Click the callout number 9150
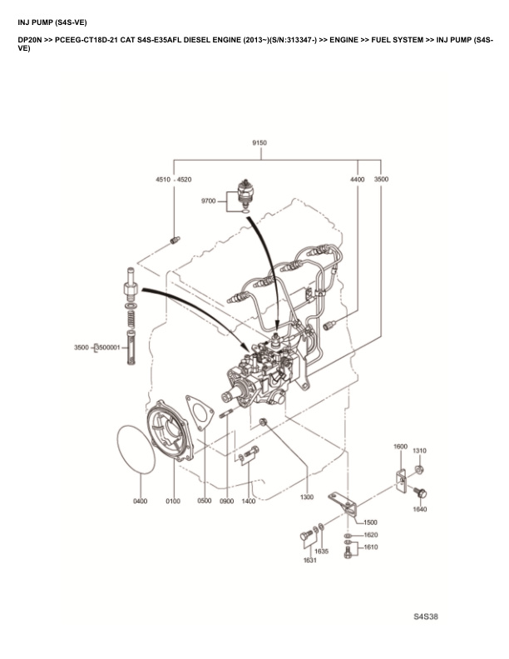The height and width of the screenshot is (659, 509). pos(259,142)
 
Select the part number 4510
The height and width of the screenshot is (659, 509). pos(162,179)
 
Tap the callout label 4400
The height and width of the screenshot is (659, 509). pos(357,179)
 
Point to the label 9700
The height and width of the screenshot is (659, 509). pos(208,201)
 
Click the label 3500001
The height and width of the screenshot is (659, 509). pos(109,346)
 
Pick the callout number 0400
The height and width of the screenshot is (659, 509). pos(139,501)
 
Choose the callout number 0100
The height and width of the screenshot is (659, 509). pos(173,501)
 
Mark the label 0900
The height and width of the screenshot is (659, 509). pos(226,501)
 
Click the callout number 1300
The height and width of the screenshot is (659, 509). pos(307,497)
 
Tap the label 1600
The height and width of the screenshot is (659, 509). pos(400,447)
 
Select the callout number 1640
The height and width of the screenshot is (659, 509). pos(419,509)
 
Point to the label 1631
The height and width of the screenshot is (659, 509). pos(309,561)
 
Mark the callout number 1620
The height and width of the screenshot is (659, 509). pos(370,535)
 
